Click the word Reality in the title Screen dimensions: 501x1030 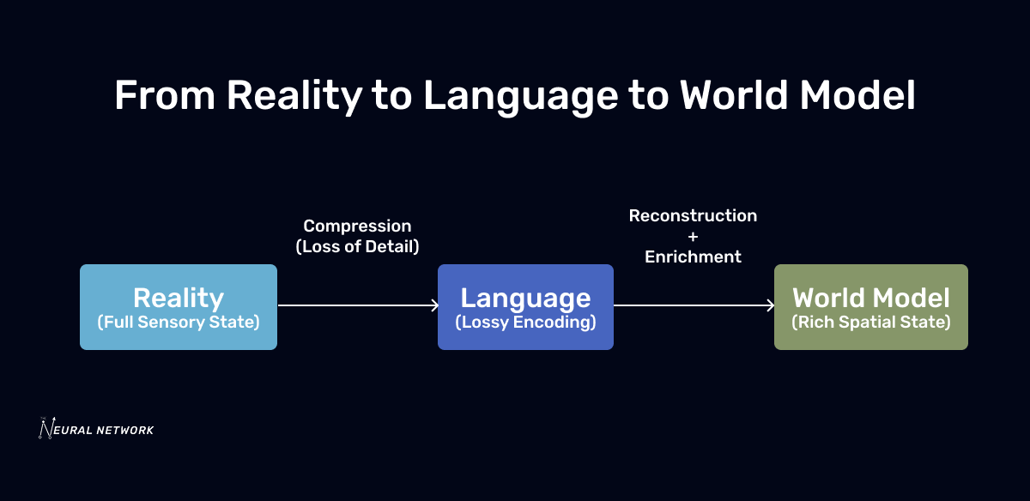tap(294, 95)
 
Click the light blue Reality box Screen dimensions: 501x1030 tap(179, 306)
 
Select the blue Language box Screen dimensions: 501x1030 tap(525, 306)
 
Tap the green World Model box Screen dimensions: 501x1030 tap(870, 306)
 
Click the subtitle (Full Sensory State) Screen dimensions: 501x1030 tap(179, 323)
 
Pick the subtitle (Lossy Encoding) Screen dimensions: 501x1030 tap(525, 323)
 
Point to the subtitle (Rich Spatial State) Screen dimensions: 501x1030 tap(871, 323)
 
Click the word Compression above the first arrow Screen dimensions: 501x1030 tap(357, 226)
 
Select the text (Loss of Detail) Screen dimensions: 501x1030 tap(357, 246)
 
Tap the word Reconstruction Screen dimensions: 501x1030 tap(693, 215)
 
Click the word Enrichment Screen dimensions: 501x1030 tap(693, 256)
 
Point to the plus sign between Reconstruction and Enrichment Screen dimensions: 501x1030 tap(693, 236)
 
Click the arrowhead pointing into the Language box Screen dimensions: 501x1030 tap(434, 305)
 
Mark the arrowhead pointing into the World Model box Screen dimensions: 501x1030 tap(770, 305)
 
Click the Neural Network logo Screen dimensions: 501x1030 tap(96, 428)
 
